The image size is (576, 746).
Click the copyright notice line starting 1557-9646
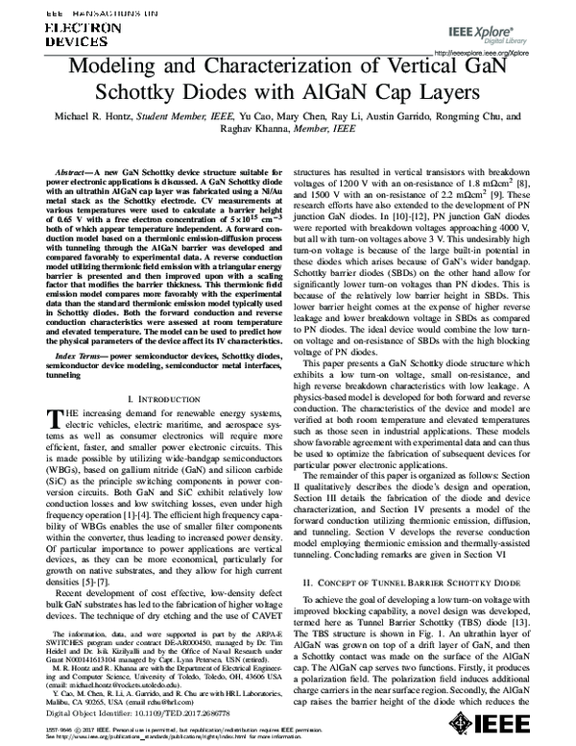(173, 728)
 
